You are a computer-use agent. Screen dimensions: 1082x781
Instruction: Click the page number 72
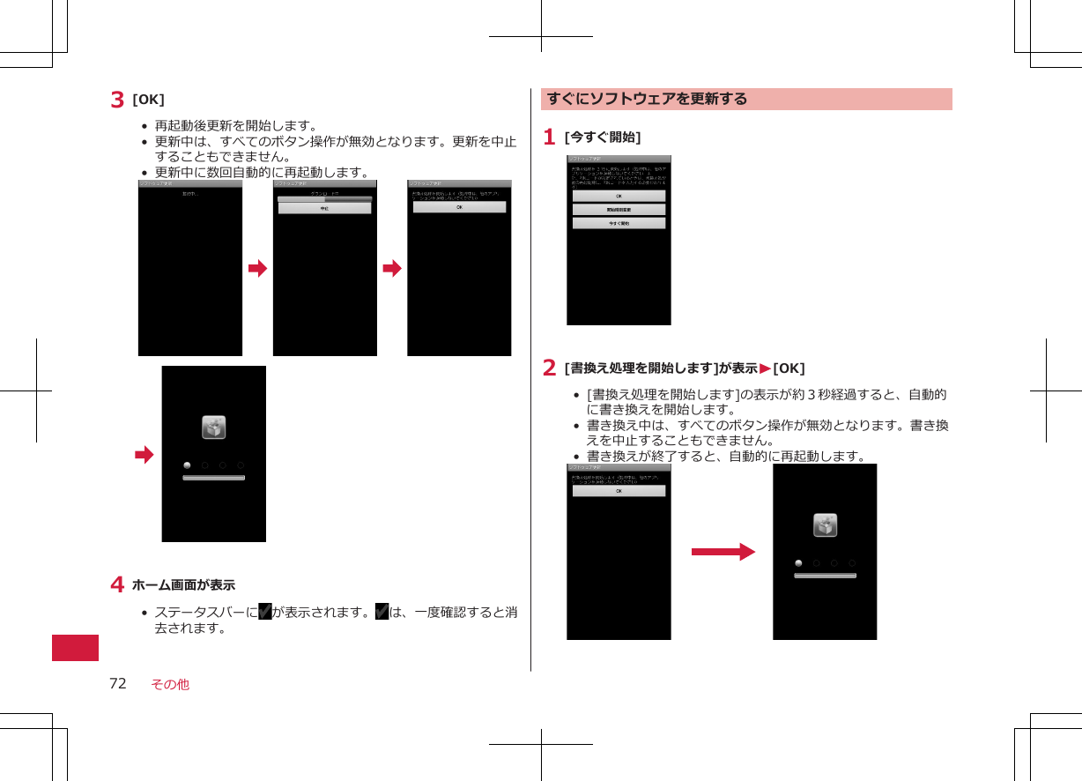click(117, 683)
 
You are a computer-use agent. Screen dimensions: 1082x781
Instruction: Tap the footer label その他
click(170, 684)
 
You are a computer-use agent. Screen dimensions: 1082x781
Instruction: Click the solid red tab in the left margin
click(75, 646)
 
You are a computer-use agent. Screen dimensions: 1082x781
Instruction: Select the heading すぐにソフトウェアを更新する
click(647, 99)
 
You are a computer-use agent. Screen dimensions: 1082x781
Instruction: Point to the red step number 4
click(116, 584)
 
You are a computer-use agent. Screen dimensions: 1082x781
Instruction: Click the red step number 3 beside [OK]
click(117, 100)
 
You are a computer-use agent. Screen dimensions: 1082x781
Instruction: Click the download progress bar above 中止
click(324, 199)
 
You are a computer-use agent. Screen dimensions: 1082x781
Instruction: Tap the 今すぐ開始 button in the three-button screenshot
click(619, 224)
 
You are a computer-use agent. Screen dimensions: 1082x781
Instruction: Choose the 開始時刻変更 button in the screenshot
click(619, 210)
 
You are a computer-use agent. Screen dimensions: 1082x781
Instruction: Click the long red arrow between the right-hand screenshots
click(723, 553)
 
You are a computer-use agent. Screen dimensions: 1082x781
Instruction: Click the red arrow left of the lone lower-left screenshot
click(144, 455)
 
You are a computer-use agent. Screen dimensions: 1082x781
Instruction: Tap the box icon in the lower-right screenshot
click(825, 525)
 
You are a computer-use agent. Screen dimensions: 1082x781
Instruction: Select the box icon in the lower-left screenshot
click(213, 428)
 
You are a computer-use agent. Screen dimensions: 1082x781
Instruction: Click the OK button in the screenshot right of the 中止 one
click(459, 207)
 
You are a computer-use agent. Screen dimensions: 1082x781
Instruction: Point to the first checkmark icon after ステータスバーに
click(264, 613)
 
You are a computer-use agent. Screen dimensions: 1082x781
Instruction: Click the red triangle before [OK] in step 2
click(766, 368)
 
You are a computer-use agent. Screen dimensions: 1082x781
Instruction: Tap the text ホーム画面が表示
click(183, 584)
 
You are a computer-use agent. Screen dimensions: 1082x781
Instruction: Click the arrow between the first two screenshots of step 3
click(257, 268)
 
